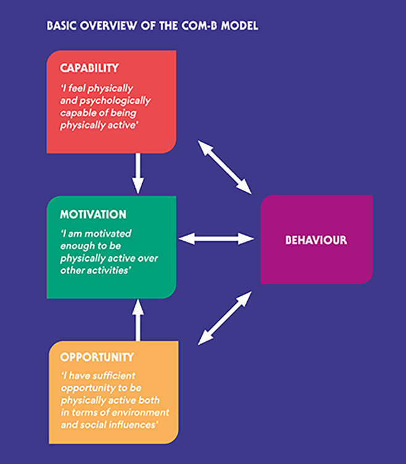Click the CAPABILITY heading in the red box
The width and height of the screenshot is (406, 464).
tap(89, 67)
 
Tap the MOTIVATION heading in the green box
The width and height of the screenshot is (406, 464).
tap(93, 214)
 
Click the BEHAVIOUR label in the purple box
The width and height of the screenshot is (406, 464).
tap(316, 239)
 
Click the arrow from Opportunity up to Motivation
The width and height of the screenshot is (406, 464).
tap(138, 320)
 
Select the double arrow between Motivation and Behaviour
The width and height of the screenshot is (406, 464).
tap(216, 238)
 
